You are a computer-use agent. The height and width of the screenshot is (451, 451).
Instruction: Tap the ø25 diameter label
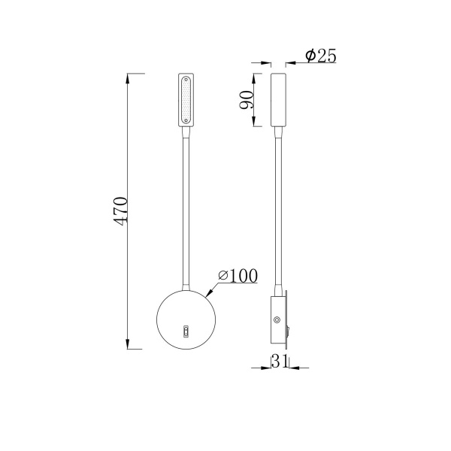pos(320,56)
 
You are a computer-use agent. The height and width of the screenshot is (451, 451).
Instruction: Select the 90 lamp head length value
pos(246,100)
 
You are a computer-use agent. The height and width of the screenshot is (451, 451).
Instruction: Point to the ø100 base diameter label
pos(238,276)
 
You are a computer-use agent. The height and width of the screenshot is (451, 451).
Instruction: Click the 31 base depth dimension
pos(279,362)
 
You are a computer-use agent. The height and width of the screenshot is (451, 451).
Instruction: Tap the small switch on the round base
pos(186,329)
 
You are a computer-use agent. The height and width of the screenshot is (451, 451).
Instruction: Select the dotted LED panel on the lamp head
pos(186,100)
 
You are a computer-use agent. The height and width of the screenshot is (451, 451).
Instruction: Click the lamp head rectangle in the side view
pos(278,100)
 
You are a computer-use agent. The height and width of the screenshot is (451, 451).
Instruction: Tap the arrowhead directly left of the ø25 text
pos(292,62)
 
